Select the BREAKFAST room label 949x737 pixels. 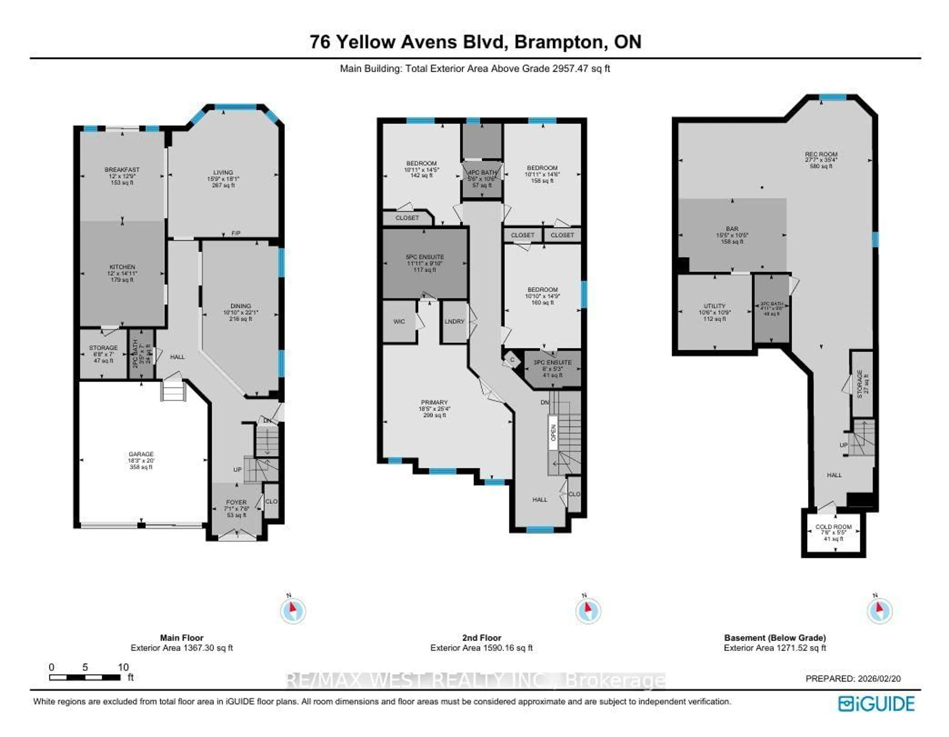click(122, 170)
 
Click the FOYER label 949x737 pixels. click(236, 502)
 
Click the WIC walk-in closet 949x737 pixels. click(399, 321)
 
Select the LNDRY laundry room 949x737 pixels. click(454, 321)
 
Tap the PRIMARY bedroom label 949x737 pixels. click(434, 402)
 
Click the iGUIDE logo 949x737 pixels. click(876, 704)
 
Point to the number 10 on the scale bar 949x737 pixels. click(123, 667)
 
